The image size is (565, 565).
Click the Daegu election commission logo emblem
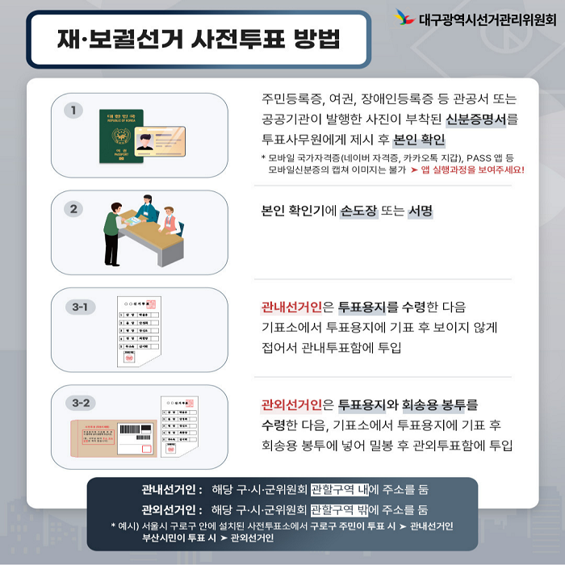[404, 17]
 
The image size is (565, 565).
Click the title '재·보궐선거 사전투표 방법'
[198, 39]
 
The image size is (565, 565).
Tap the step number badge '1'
[74, 110]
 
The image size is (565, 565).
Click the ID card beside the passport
[160, 146]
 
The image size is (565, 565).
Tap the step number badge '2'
[74, 209]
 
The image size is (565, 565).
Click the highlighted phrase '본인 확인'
[419, 140]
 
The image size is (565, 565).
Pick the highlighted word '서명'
[421, 211]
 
